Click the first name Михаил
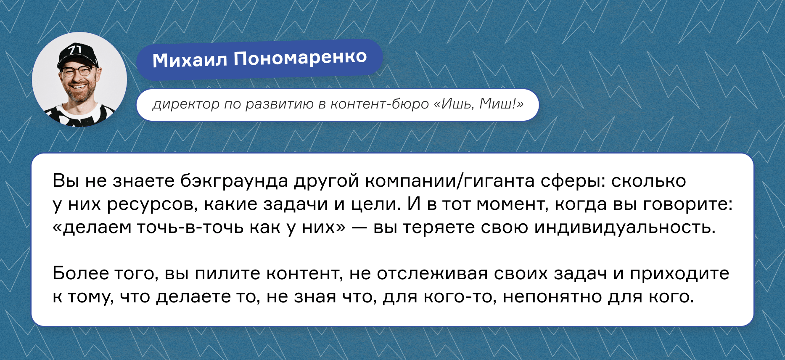pos(190,60)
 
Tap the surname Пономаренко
pos(300,58)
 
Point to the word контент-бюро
pos(379,104)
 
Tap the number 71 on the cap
pos(76,50)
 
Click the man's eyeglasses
pos(78,71)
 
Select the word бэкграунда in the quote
pos(234,181)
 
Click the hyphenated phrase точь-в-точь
pos(191,228)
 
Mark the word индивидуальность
pos(625,228)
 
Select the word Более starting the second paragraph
pos(81,274)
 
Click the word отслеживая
pos(432,274)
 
